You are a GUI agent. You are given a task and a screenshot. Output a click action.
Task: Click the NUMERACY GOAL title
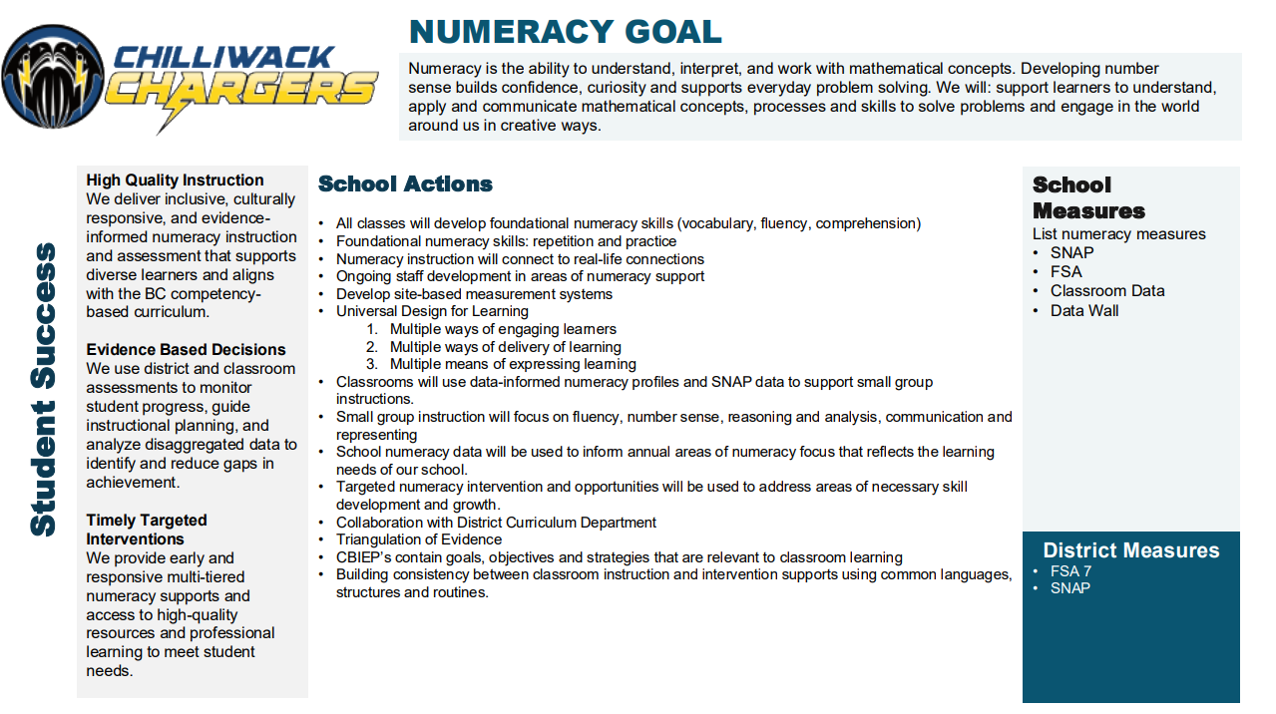tap(565, 31)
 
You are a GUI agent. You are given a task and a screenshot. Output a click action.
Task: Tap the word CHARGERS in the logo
tap(241, 90)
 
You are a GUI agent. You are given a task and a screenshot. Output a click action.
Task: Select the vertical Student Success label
tap(42, 389)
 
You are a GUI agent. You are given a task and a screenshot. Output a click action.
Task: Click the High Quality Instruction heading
tap(175, 180)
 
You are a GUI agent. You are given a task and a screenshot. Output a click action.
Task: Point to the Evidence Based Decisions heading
tap(186, 350)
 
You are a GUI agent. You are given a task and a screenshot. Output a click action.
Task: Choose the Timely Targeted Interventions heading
tap(146, 530)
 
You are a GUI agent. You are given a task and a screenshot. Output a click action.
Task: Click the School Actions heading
tap(405, 184)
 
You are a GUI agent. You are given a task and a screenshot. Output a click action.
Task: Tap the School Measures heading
tap(1088, 197)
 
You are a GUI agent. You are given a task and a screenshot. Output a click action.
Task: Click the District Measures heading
tap(1130, 550)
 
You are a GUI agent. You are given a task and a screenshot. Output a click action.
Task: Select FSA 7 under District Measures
tap(1070, 572)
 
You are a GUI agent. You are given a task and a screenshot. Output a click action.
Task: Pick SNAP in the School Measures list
tap(1071, 253)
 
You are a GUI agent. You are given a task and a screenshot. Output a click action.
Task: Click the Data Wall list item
tap(1083, 311)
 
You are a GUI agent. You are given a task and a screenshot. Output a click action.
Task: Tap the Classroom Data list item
tap(1106, 291)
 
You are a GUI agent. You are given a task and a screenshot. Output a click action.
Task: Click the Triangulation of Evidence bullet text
tap(419, 540)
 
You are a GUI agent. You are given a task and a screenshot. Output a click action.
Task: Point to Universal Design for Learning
tap(432, 311)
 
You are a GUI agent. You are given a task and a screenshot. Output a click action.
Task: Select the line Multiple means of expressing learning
tap(513, 365)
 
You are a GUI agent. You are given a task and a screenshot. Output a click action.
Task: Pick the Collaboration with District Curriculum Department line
tap(496, 523)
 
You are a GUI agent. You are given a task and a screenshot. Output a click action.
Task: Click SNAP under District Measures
tap(1069, 588)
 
